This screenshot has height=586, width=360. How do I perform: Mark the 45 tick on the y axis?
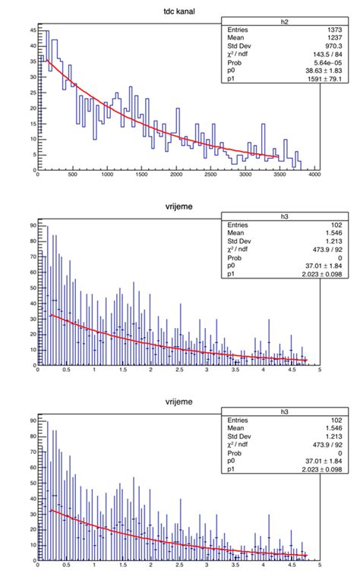32,30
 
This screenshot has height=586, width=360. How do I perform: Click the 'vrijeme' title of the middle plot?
180,205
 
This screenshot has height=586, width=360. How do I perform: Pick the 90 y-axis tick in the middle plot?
32,225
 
